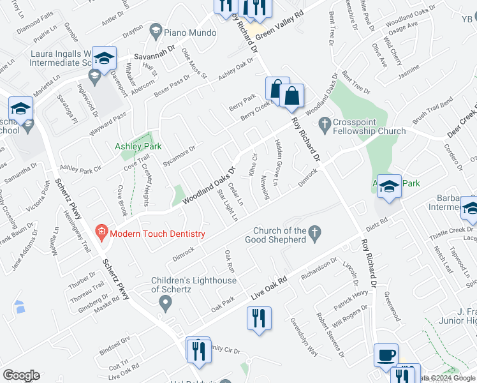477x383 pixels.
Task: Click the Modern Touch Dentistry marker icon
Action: (x=100, y=234)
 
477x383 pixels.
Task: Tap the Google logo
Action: (x=21, y=375)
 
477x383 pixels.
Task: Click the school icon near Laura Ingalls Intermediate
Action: (x=103, y=58)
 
